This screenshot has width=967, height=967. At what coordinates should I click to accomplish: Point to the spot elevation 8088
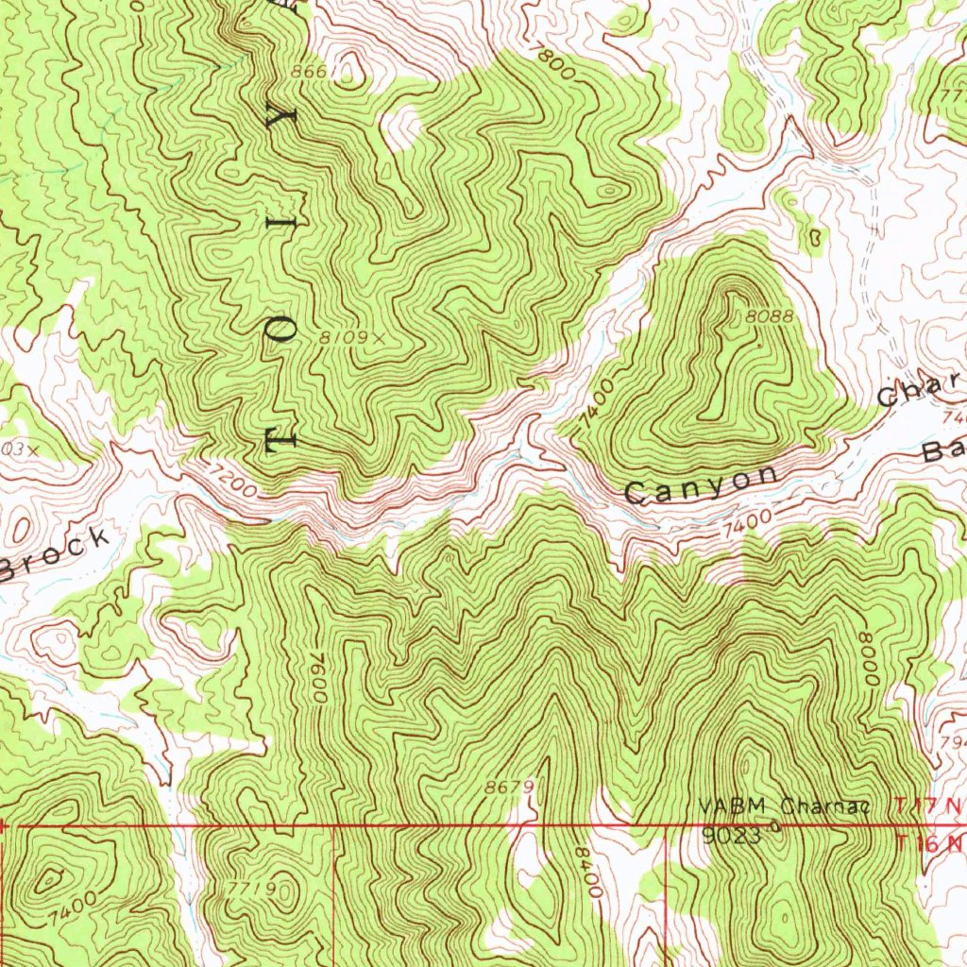point(769,318)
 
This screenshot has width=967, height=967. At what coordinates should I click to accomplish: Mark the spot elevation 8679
point(511,786)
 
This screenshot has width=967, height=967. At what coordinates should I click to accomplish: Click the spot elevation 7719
point(251,888)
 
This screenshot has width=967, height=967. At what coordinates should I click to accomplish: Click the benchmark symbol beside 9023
point(775,828)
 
